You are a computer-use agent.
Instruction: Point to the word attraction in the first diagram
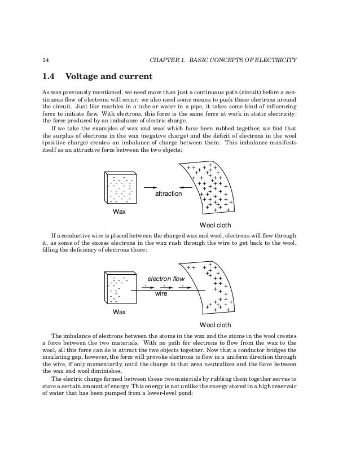(169, 194)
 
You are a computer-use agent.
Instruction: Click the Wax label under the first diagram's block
(120, 212)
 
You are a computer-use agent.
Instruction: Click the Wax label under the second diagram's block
(120, 311)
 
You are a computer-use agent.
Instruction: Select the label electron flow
(166, 279)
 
